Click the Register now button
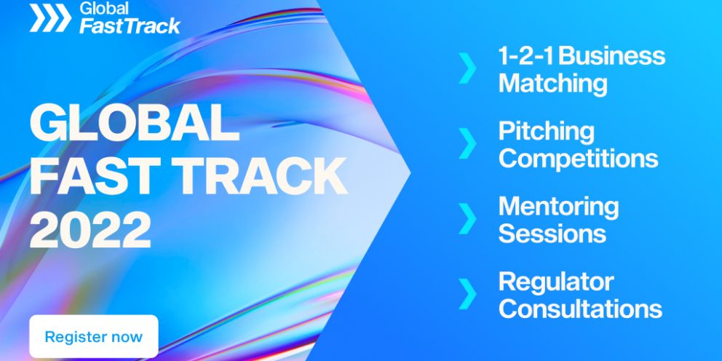[x=93, y=336]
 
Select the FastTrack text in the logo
[x=130, y=25]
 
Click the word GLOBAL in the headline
[x=135, y=124]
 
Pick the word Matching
[x=553, y=84]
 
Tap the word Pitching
[x=547, y=132]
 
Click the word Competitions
[x=579, y=159]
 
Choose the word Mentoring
[x=559, y=207]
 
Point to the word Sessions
[x=552, y=233]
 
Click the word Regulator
[x=556, y=282]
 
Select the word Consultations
[x=580, y=309]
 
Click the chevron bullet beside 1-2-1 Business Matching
[x=467, y=68]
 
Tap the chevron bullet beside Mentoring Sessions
[x=467, y=218]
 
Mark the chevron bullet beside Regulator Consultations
[x=467, y=293]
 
